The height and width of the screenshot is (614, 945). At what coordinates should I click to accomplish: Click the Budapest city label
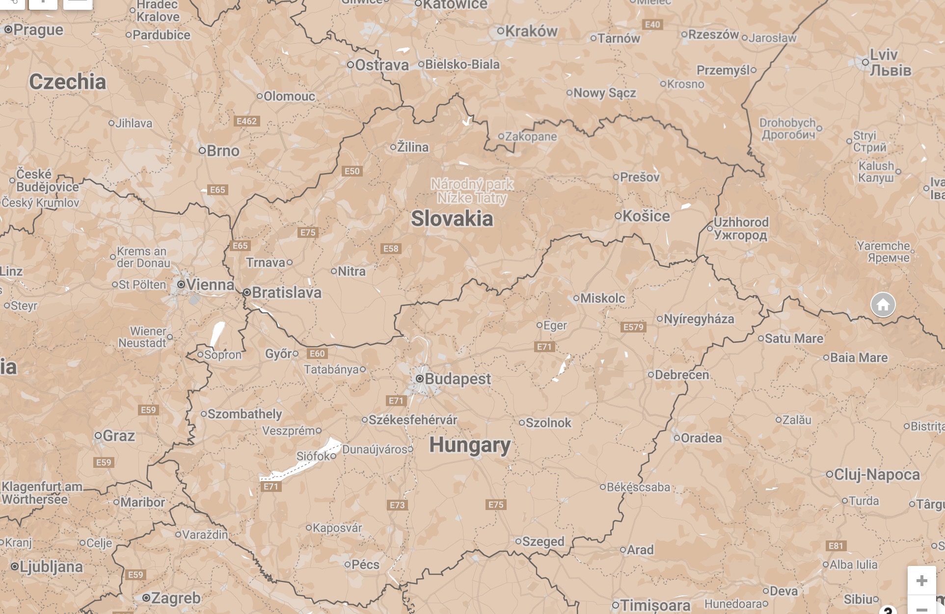(x=457, y=379)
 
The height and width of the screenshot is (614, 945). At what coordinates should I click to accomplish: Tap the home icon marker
(x=883, y=305)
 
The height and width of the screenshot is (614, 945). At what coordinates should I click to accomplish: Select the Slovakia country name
(x=452, y=218)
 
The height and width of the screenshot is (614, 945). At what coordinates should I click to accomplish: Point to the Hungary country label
(x=470, y=445)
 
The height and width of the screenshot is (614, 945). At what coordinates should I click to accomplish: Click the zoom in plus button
(x=921, y=581)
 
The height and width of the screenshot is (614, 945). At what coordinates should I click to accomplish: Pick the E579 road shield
(x=633, y=327)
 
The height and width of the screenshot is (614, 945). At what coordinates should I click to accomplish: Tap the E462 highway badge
(x=246, y=121)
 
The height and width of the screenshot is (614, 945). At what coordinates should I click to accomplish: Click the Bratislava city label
(x=286, y=293)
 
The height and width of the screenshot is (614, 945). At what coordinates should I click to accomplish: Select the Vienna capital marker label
(x=210, y=284)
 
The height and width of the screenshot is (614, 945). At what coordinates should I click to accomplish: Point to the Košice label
(x=646, y=216)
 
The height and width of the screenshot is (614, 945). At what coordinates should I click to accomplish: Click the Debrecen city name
(x=681, y=375)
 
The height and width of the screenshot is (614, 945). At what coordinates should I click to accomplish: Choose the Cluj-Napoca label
(x=877, y=474)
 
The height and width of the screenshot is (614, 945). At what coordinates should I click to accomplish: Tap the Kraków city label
(x=531, y=31)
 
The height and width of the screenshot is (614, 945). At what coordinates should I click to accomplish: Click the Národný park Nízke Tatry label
(x=472, y=191)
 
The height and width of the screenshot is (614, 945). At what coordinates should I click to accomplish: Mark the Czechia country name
(x=67, y=81)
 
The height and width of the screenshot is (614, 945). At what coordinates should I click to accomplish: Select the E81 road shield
(x=836, y=546)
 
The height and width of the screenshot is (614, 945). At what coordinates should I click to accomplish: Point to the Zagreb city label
(x=176, y=598)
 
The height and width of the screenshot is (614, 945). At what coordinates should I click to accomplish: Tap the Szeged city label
(x=543, y=541)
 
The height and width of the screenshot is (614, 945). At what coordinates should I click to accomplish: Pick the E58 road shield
(x=391, y=249)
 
